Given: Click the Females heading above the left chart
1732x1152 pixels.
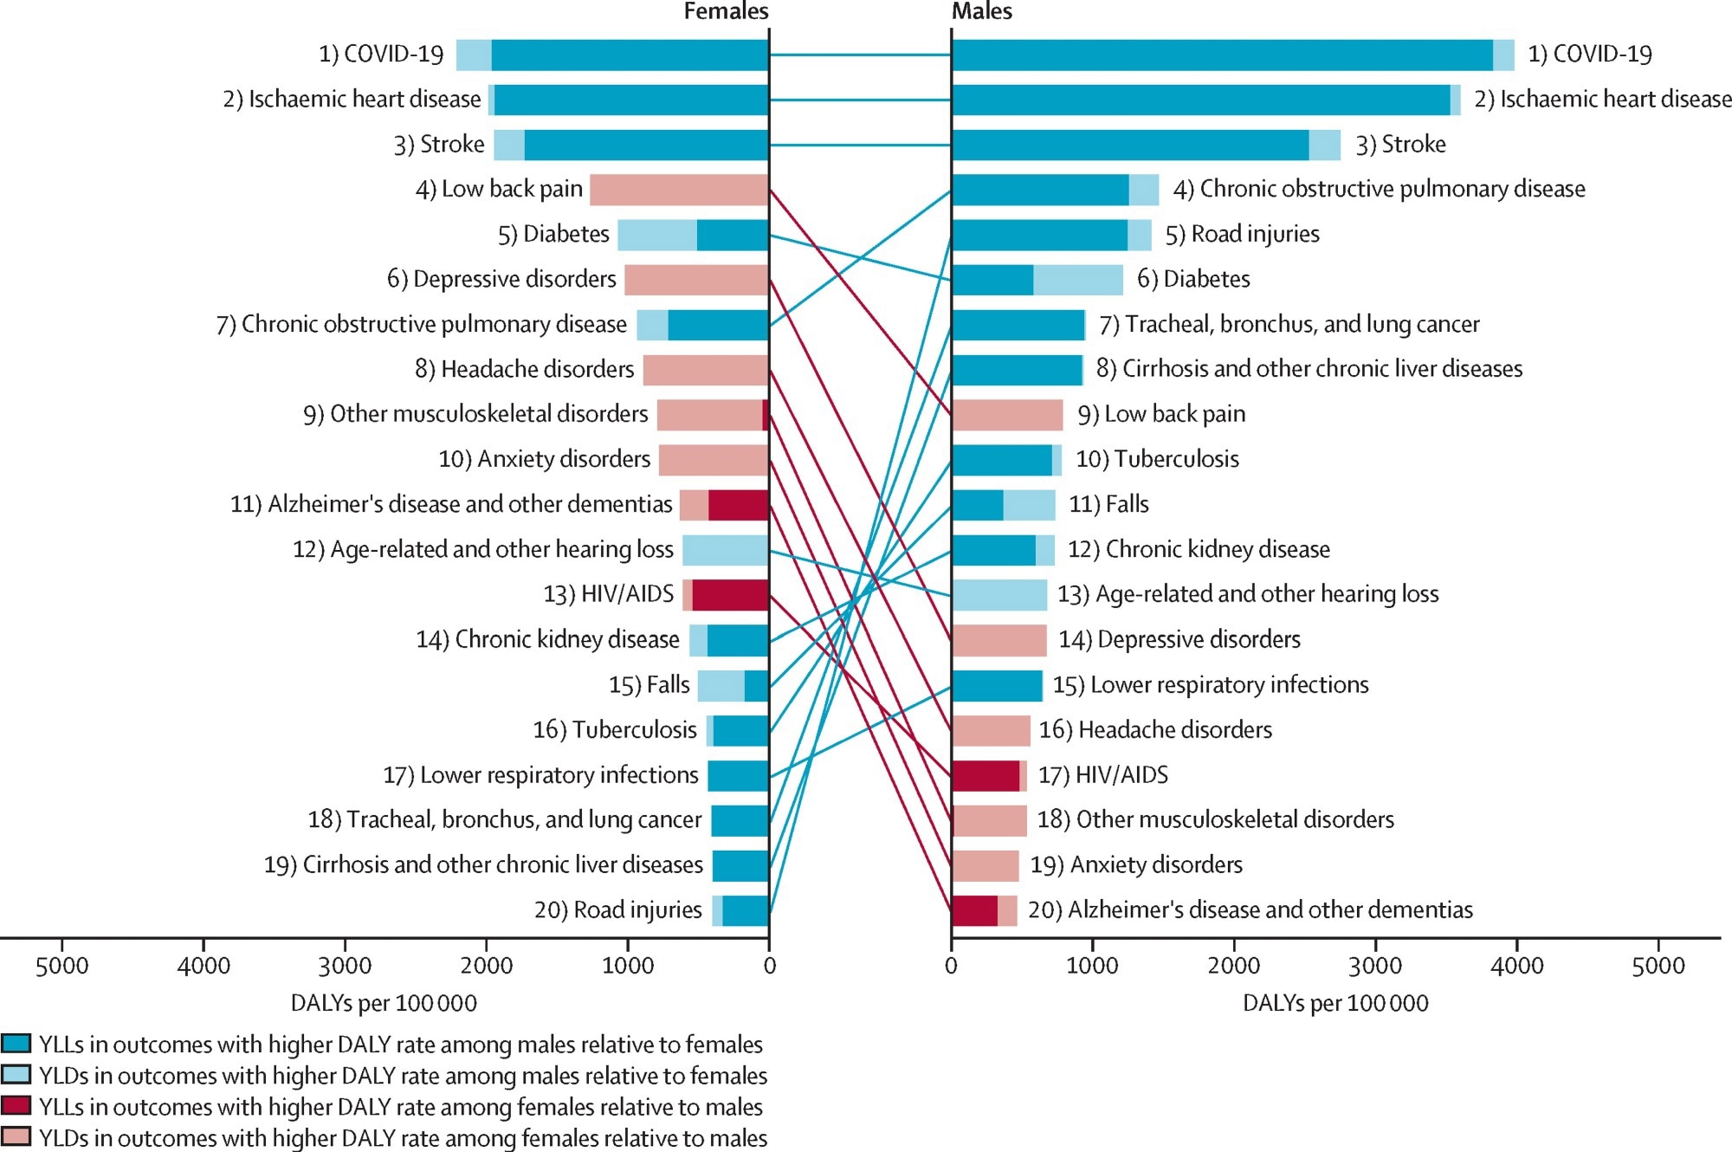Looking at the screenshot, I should coord(726,11).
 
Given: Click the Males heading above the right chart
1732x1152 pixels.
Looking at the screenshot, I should coord(981,11).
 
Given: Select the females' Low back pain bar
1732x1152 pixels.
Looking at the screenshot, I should coord(679,190).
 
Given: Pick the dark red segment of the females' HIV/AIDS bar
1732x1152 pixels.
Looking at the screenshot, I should coord(730,595).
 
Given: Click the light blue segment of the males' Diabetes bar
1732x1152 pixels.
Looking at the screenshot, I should coord(1077,280).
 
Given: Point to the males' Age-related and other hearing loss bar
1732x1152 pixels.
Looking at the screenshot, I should coord(998,595).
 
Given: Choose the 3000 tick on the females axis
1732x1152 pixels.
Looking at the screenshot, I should coord(345,965).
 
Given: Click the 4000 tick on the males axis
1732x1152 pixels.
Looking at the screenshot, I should coord(1516,965).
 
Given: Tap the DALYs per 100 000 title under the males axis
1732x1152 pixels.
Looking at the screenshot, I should coord(1335,1003).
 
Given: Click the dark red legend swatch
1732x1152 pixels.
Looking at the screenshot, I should coord(16,1106).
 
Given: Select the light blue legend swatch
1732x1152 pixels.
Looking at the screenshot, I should coord(16,1075).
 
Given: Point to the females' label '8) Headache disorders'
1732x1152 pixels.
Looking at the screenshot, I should coord(524,369).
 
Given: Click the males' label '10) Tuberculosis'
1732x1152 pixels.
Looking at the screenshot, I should coord(1157,459).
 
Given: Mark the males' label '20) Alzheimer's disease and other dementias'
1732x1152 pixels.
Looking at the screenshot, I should coord(1250,909).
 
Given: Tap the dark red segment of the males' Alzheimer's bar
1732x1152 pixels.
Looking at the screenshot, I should coord(974,910).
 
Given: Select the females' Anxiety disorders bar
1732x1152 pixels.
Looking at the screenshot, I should coord(714,460).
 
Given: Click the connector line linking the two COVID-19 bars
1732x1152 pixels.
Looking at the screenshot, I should coord(860,55).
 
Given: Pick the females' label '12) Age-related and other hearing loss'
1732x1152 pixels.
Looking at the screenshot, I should coord(482,549).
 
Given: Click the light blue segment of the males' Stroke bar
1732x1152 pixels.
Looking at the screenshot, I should coord(1324,145).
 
